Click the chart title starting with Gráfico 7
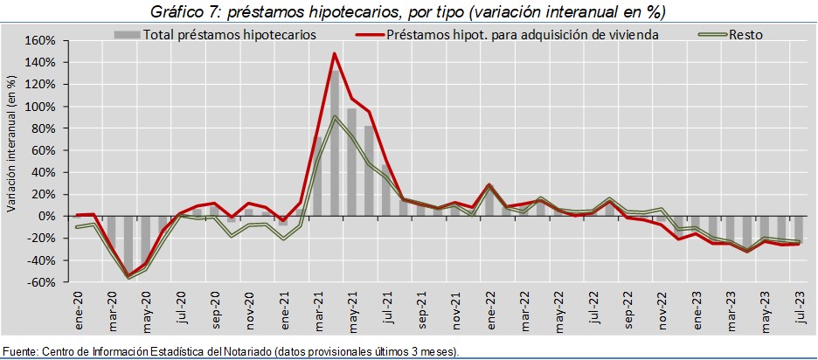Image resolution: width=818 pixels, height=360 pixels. pos(409,12)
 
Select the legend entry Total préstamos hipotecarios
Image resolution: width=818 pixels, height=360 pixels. pos(230,35)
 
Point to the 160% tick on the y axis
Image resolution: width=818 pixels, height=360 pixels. pos(41,41)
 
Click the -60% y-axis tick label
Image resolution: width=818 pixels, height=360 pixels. pos(42,282)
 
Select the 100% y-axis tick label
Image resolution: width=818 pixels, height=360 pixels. pos(41,107)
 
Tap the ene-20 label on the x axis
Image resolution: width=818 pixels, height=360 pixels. pos(80,306)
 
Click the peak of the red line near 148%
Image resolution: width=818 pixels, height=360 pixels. pos(334,53)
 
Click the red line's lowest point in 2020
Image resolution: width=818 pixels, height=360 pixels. pos(129,276)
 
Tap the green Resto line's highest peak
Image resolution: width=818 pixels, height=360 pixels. pos(334,116)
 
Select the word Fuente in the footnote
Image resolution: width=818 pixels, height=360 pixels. pos(20,351)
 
